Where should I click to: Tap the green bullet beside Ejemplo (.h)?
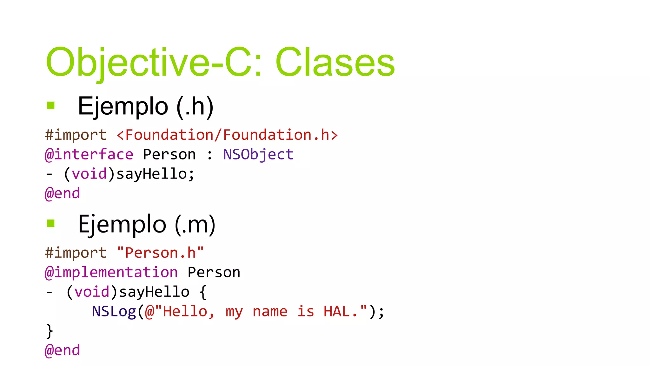(x=51, y=105)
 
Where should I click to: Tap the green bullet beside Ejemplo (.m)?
(x=51, y=223)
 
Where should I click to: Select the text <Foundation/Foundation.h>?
(x=227, y=135)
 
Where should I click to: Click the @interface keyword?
(x=89, y=155)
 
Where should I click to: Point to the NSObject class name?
(x=258, y=155)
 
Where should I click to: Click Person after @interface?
(x=169, y=155)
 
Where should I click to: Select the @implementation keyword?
(x=111, y=273)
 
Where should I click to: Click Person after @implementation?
(x=214, y=273)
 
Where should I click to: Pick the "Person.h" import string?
(x=160, y=253)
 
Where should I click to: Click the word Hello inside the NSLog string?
(x=185, y=311)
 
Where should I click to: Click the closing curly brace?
(x=49, y=331)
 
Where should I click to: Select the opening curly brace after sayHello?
(x=203, y=292)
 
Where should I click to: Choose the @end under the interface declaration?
(x=62, y=193)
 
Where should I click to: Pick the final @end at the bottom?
(x=62, y=350)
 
